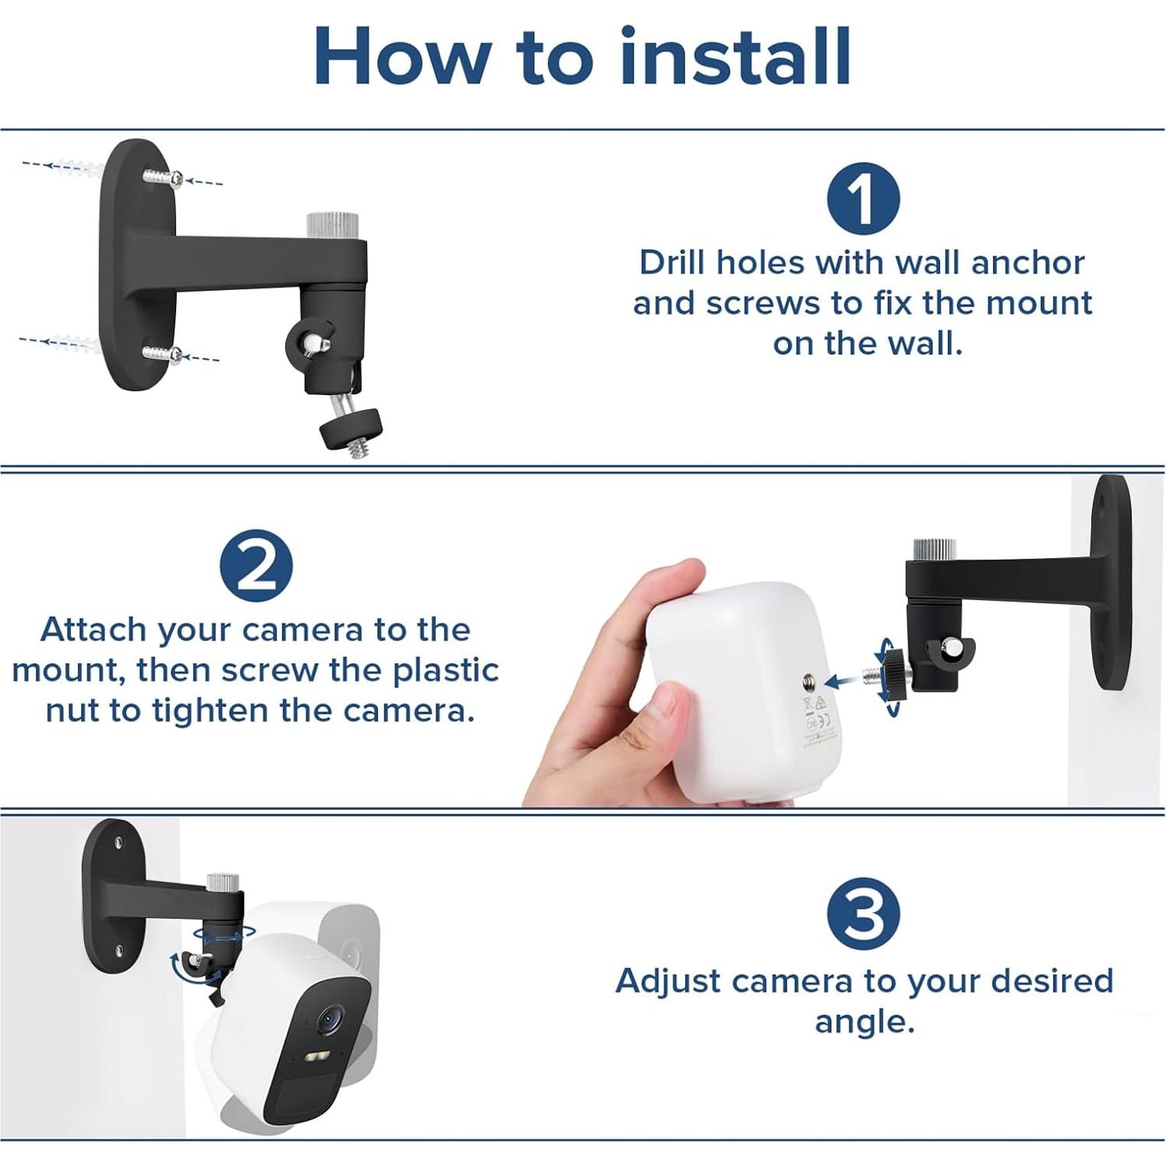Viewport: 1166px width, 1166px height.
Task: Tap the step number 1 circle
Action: [863, 199]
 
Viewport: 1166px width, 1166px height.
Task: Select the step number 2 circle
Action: [256, 566]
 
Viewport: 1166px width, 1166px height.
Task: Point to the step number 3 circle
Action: [863, 913]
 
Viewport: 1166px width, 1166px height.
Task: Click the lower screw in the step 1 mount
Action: [164, 354]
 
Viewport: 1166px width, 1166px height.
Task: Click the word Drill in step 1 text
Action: [673, 263]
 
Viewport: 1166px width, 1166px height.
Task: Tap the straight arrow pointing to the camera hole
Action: [842, 681]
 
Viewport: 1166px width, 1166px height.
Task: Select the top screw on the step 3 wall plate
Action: [118, 843]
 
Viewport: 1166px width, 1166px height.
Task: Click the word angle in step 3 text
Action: [864, 1021]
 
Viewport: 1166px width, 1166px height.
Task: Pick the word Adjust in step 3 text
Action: [667, 981]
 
